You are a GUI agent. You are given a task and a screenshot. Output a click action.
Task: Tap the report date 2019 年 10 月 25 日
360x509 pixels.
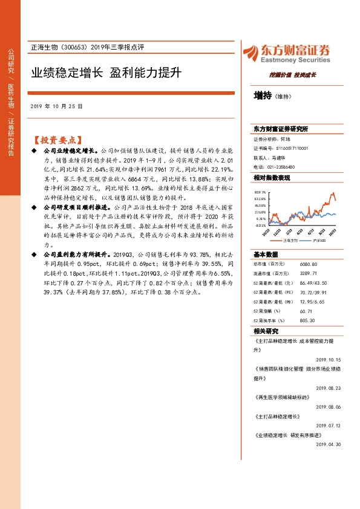pyautogui.click(x=56, y=106)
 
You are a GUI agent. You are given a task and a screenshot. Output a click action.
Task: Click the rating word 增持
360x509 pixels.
pyautogui.click(x=263, y=96)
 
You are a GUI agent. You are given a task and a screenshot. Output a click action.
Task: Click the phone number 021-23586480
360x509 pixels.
pyautogui.click(x=281, y=167)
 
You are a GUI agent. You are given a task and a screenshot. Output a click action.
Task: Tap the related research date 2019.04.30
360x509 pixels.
pyautogui.click(x=329, y=444)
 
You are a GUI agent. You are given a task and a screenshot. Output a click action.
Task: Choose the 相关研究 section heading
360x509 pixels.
pyautogui.click(x=266, y=331)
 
